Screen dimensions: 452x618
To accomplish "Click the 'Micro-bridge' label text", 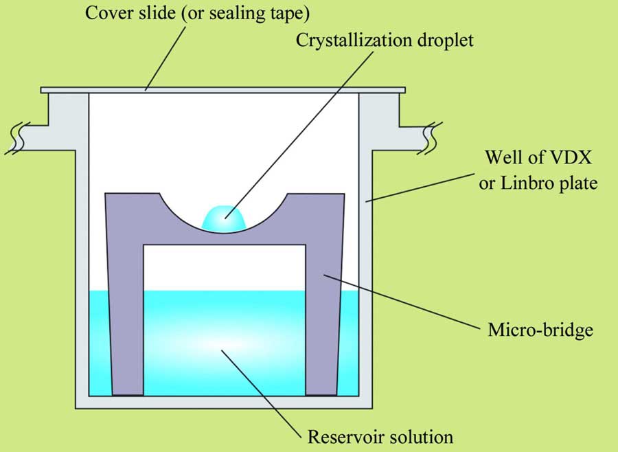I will (x=540, y=330).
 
